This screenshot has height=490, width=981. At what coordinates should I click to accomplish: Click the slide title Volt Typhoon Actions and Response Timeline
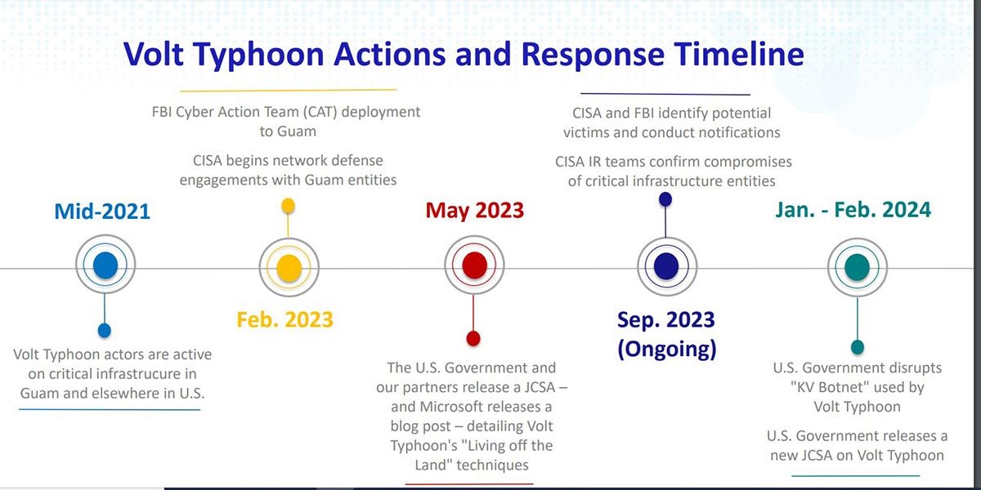pos(464,55)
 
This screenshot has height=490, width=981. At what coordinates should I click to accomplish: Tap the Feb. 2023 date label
pos(284,318)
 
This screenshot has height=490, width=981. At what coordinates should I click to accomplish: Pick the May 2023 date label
pos(474,210)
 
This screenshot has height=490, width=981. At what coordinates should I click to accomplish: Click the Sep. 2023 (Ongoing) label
pos(666,333)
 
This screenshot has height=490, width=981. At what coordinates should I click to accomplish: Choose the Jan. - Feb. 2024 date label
pos(853,210)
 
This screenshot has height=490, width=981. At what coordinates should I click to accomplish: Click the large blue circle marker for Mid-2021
pos(105,265)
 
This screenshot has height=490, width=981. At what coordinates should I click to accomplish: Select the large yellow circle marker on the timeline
pos(289,266)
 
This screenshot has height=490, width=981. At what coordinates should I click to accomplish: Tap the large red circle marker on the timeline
pos(474,265)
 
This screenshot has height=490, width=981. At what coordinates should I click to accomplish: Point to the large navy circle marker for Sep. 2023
pos(666,266)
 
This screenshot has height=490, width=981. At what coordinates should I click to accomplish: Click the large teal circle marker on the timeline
pos(857,266)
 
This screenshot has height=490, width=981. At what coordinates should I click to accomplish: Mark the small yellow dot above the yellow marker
pos(289,205)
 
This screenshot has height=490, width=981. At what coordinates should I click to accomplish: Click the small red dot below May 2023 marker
pos(473,338)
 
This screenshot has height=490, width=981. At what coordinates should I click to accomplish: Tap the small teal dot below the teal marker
pos(857,347)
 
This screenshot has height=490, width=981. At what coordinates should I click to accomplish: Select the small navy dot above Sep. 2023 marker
pos(665,198)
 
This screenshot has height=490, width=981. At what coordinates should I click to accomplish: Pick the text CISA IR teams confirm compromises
pos(673,162)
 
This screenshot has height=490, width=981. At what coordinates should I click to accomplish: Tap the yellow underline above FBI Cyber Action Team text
pos(288,90)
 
